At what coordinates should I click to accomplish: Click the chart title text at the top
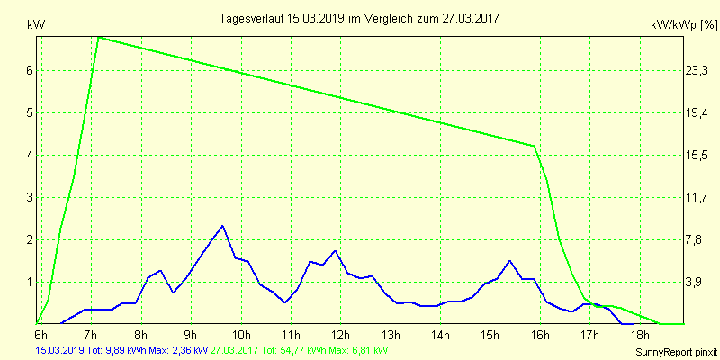[360, 18]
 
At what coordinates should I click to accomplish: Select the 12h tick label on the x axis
[339, 335]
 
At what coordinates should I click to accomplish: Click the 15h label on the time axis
[490, 335]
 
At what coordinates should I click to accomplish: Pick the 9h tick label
[190, 335]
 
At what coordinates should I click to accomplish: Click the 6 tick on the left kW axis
[30, 70]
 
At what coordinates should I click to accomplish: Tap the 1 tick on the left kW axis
[30, 282]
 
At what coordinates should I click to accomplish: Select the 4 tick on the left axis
[30, 155]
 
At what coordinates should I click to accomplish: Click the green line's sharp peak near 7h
[98, 38]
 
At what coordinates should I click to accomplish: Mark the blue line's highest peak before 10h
[222, 225]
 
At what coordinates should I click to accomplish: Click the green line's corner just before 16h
[535, 146]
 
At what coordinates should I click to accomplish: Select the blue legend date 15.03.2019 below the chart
[58, 350]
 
